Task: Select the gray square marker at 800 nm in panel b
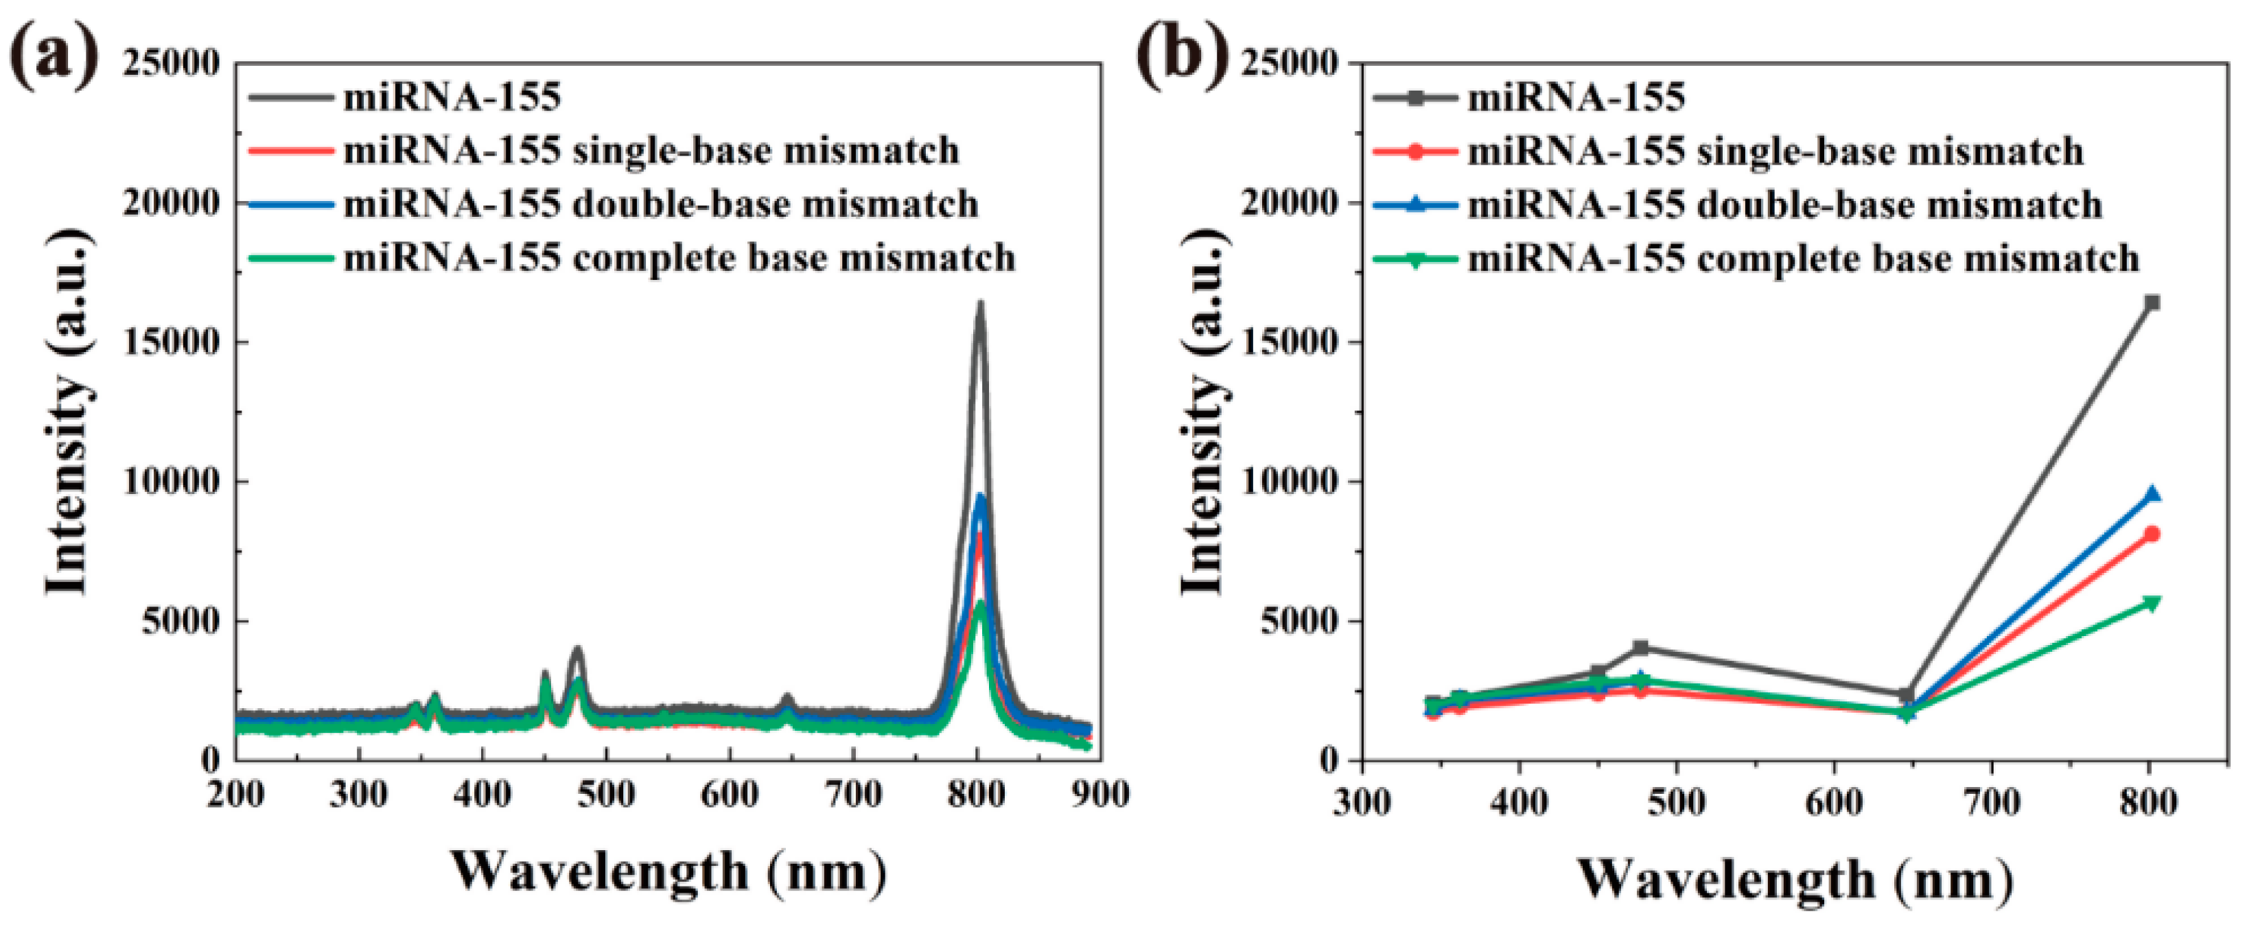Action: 2152,303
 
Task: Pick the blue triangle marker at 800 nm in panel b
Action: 2152,493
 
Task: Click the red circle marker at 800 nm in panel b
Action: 2152,534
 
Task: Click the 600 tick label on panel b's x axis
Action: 1835,801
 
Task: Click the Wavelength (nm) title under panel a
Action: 668,872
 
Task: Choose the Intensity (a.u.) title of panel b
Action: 1204,412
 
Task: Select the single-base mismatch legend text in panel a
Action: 651,150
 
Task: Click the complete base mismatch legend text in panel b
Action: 1804,258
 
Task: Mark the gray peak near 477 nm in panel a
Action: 577,650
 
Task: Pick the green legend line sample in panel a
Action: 290,258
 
